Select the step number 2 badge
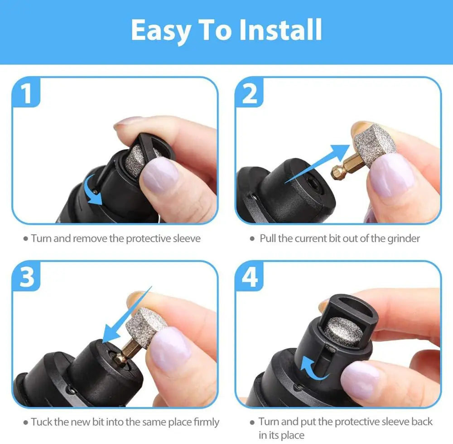[x=251, y=93]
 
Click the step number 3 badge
[x=27, y=277]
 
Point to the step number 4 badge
[x=251, y=277]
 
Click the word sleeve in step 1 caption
[x=185, y=238]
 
